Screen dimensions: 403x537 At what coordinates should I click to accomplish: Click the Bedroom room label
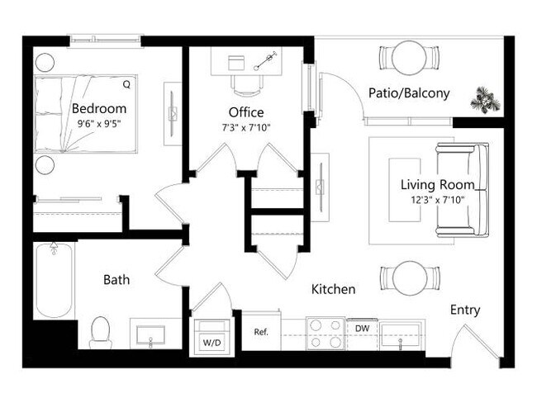click(x=99, y=109)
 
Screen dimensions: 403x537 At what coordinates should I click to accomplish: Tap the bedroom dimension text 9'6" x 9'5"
click(x=99, y=124)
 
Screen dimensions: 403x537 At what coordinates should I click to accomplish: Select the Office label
click(x=246, y=112)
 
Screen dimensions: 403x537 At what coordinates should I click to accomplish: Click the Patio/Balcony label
click(x=410, y=93)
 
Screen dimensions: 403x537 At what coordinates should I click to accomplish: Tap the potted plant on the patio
click(x=485, y=100)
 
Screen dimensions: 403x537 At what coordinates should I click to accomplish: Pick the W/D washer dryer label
click(x=209, y=340)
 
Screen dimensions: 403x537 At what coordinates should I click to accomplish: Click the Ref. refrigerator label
click(x=261, y=332)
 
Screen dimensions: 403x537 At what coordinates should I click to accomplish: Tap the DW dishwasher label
click(x=361, y=329)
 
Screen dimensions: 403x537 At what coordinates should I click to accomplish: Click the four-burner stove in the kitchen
click(x=325, y=334)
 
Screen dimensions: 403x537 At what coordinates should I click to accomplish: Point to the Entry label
click(x=465, y=311)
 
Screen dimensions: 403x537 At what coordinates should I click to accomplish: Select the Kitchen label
click(x=333, y=290)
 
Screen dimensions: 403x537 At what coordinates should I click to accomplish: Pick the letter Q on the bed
click(x=126, y=84)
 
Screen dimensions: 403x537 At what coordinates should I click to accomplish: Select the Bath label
click(x=116, y=280)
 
